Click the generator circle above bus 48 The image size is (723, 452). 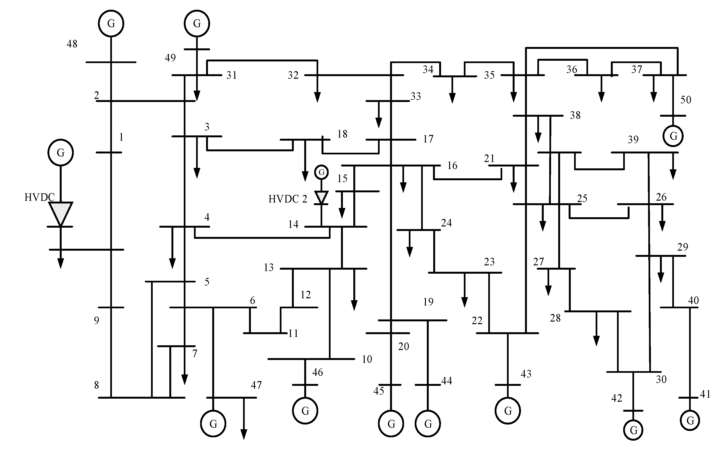(111, 23)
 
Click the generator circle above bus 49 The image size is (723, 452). (197, 23)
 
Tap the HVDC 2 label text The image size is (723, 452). (288, 199)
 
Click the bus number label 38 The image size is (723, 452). (575, 115)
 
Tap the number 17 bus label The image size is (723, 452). (428, 139)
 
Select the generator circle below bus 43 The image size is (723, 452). (507, 411)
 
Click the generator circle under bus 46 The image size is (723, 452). (305, 411)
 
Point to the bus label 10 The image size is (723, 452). (367, 359)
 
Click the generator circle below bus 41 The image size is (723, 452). (690, 420)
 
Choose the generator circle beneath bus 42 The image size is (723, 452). (633, 430)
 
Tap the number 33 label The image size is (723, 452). (415, 96)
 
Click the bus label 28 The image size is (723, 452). (555, 318)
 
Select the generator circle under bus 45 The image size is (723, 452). (391, 423)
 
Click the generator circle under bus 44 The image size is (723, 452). (428, 423)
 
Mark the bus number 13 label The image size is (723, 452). (268, 267)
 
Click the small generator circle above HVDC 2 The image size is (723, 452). (322, 172)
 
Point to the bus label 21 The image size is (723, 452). (489, 158)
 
